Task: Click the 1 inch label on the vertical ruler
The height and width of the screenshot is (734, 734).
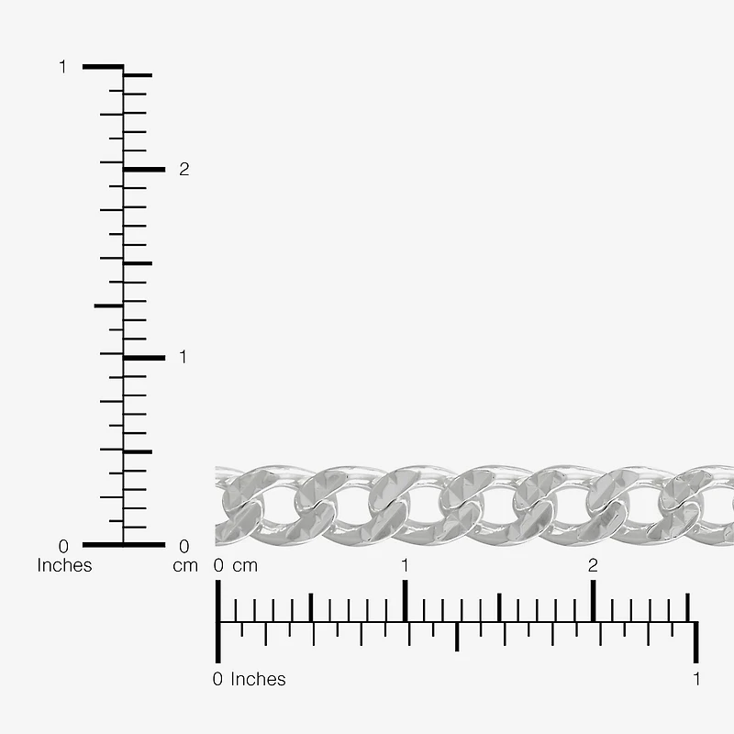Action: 62,67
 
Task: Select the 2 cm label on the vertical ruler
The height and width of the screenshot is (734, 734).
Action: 184,170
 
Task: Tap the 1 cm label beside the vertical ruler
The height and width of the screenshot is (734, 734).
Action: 183,357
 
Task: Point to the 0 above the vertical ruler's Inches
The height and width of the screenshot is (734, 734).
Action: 63,546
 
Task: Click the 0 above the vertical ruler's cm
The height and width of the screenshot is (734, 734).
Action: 184,546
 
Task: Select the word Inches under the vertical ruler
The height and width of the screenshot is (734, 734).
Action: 64,565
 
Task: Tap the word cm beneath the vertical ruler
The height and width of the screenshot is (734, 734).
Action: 185,566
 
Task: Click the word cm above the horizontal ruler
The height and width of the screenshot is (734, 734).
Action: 245,566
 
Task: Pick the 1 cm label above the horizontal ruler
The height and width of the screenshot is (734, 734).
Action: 405,565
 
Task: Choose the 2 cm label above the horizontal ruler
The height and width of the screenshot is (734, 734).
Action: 593,565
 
